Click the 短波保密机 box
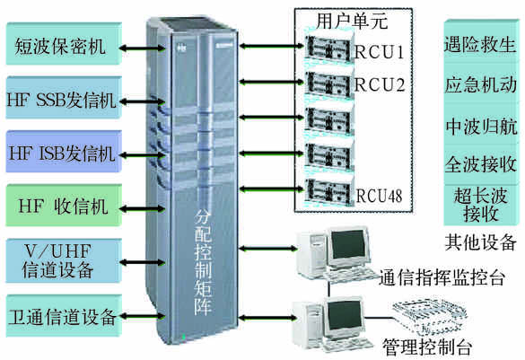coord(64,44)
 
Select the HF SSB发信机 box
coord(64,98)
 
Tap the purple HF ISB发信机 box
coord(64,152)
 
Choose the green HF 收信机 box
coord(64,205)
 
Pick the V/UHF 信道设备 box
coord(64,260)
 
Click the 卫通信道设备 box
coord(64,315)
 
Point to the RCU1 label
coord(380,52)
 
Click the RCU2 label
coord(380,84)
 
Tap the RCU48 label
coord(379,196)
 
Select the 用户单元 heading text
coord(352,22)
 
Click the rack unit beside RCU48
coord(328,191)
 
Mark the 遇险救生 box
coord(481,44)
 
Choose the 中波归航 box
coord(481,127)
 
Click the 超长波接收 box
coord(481,205)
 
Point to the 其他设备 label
coord(481,241)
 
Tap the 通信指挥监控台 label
coord(442,277)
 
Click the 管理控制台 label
coord(427,347)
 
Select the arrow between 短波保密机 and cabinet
coord(143,48)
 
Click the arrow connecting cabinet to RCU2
coord(272,82)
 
